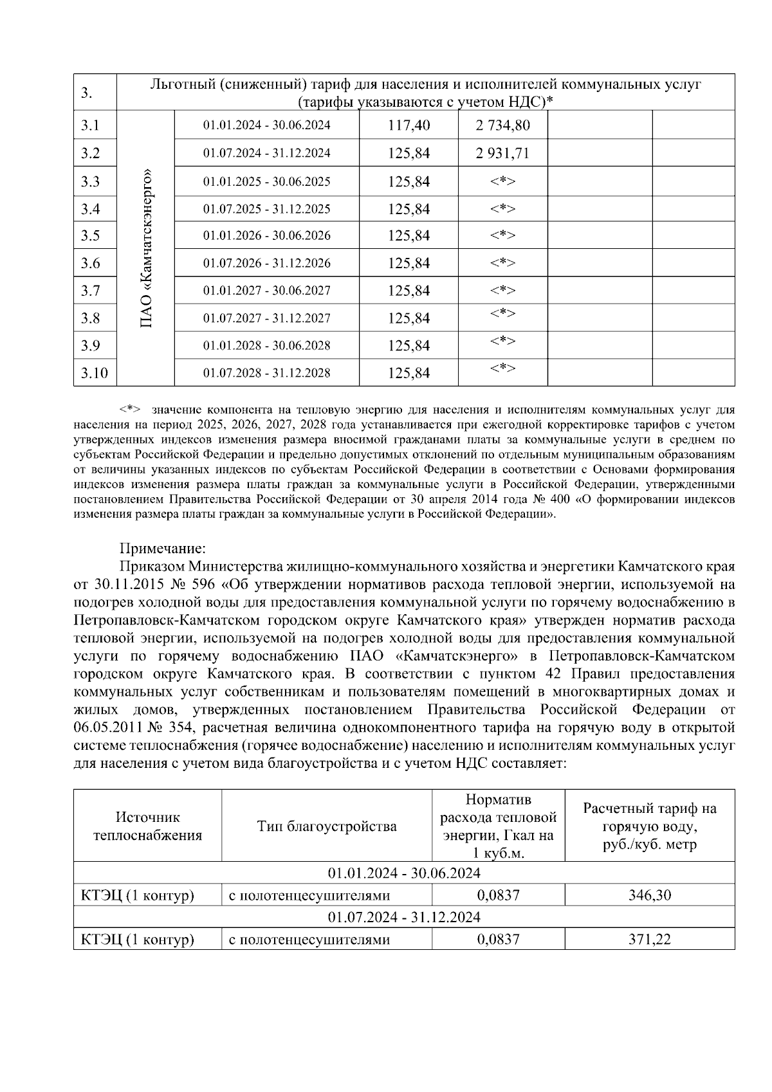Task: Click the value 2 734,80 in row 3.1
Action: pos(502,125)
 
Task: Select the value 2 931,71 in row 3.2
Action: pos(502,154)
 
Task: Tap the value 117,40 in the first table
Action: pos(409,125)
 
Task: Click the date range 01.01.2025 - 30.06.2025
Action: pos(266,182)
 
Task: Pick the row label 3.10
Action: pos(95,373)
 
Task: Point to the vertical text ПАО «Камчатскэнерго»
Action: pos(146,248)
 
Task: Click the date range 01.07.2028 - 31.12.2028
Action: pos(266,373)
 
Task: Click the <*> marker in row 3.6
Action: pos(502,262)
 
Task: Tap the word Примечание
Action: pos(162,549)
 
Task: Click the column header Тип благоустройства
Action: pos(327,826)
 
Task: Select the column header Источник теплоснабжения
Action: pos(147,826)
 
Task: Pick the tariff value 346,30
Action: pos(649,895)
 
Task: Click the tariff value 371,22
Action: pos(649,940)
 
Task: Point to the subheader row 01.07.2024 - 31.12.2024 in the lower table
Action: pos(404,917)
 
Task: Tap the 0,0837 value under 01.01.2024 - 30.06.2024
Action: pos(498,895)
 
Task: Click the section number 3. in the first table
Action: pos(87,93)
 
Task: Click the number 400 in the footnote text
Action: pos(559,499)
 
